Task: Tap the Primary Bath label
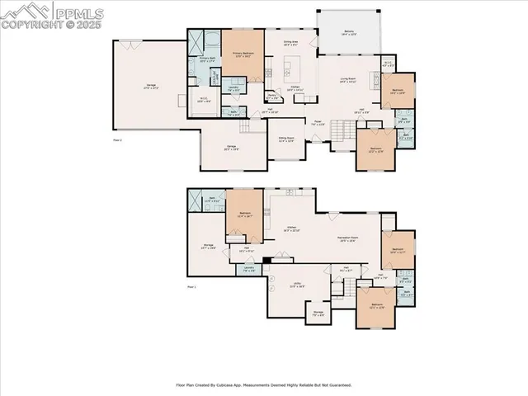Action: click(x=208, y=59)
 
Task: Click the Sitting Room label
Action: click(x=286, y=140)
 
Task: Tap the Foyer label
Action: click(x=316, y=122)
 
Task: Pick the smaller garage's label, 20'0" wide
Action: click(x=232, y=148)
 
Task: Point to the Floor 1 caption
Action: click(x=191, y=286)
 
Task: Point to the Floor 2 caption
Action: click(x=117, y=140)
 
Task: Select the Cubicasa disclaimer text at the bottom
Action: click(x=264, y=384)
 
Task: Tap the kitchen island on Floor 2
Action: click(x=290, y=65)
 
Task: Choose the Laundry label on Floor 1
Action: click(x=248, y=268)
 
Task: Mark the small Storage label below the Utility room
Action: click(x=318, y=313)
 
